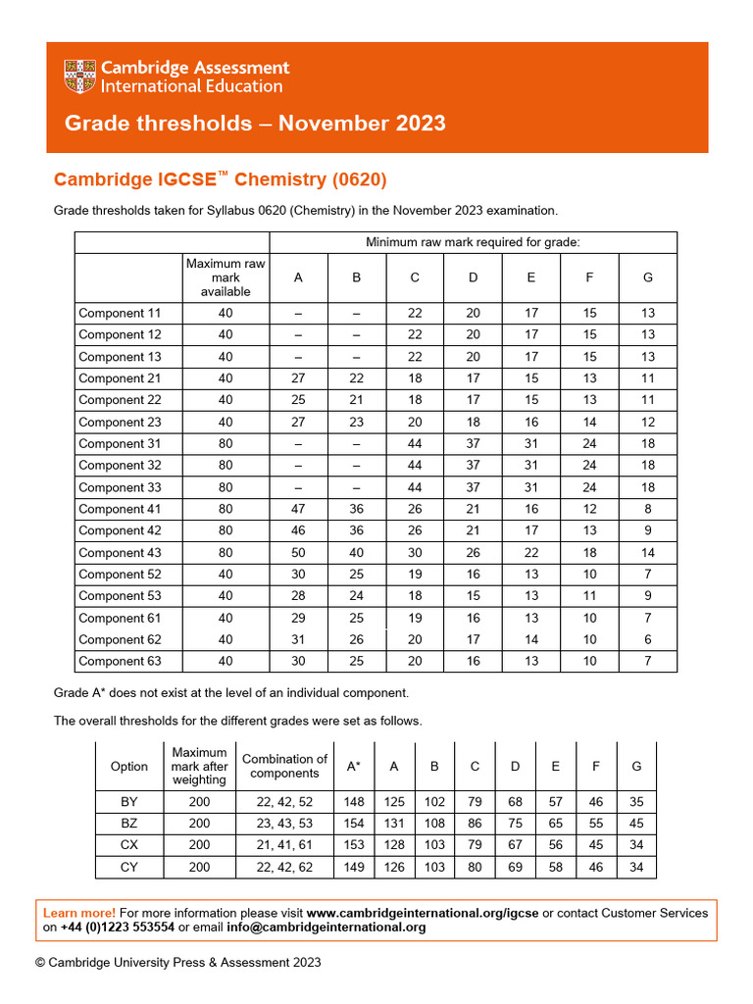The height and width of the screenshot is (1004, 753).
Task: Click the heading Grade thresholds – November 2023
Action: [255, 124]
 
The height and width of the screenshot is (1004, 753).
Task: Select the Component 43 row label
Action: [120, 553]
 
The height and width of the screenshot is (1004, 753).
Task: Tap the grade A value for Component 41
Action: [298, 509]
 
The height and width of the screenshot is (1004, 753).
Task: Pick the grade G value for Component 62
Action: [647, 639]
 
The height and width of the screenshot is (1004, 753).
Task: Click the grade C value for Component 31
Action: [415, 443]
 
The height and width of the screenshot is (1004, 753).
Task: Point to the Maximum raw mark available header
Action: [226, 277]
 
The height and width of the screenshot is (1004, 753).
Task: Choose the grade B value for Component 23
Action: [356, 422]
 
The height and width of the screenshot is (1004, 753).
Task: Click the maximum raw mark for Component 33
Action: [226, 487]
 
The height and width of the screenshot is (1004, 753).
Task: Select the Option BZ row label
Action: [129, 824]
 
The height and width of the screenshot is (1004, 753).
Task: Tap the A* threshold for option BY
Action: [354, 802]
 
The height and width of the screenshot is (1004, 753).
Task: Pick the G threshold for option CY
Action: [637, 867]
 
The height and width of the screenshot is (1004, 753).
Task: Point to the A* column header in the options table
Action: [354, 767]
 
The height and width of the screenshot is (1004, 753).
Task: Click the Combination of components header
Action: [284, 767]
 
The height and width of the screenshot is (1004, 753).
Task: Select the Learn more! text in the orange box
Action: [79, 913]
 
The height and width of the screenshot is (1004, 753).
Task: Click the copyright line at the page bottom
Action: [178, 963]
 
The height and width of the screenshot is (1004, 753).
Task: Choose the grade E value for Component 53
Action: [530, 596]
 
